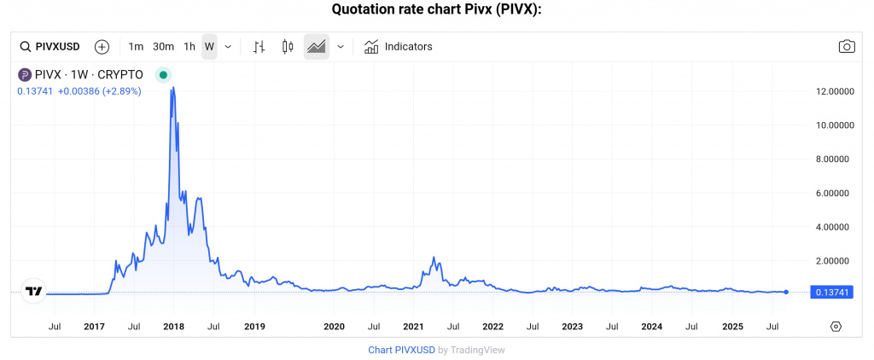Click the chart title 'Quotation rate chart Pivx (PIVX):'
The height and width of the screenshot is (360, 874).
point(436,9)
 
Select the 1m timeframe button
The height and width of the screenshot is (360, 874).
point(136,46)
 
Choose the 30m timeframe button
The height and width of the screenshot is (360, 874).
point(163,46)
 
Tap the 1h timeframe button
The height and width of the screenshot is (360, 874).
point(189,46)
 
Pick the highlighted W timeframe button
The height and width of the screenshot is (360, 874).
point(209,46)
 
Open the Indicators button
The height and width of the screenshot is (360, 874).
point(399,46)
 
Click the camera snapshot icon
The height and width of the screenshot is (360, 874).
point(846,46)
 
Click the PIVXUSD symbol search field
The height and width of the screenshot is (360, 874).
point(52,46)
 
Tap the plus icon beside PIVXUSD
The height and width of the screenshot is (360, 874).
point(102,46)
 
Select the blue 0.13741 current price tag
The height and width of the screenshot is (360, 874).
point(832,293)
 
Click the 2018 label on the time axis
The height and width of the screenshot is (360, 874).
point(174,326)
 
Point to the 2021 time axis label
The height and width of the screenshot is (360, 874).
point(413,326)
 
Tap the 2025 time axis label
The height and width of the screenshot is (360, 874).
point(732,326)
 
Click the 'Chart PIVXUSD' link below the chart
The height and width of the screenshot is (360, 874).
point(401,350)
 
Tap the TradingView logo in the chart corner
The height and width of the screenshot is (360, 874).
point(33,292)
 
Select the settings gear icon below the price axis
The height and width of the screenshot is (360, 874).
point(836,326)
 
